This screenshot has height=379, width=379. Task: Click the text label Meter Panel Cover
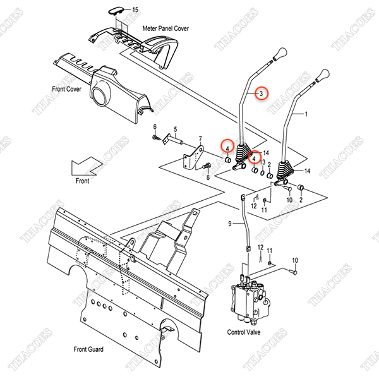tap(165, 28)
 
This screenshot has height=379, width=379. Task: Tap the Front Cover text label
tap(67, 88)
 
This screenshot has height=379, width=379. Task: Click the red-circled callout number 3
tap(262, 93)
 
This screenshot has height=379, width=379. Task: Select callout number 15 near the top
tap(134, 9)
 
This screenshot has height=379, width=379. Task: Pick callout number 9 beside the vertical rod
tap(230, 224)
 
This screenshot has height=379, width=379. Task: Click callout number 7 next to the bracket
tap(200, 139)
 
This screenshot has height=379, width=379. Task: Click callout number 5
tap(183, 126)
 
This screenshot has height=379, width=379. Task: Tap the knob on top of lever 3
tap(280, 53)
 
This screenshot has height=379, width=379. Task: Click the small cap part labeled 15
tap(116, 9)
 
